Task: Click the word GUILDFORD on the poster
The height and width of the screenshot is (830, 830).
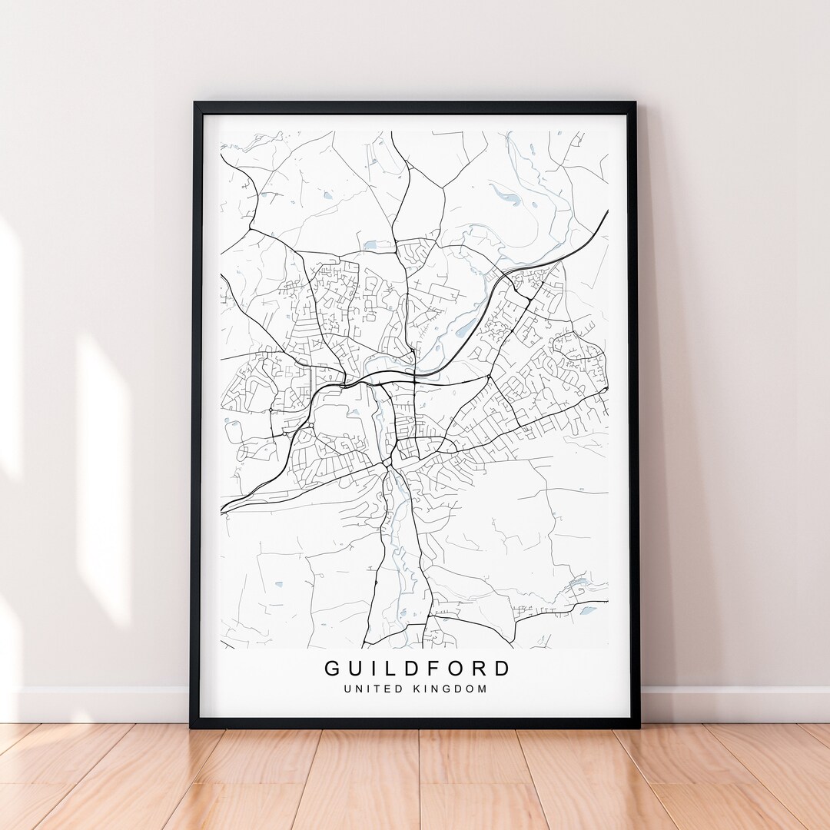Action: tap(417, 668)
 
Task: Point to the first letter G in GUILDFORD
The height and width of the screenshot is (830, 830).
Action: tap(332, 668)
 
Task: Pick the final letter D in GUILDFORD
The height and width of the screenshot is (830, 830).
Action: tap(502, 668)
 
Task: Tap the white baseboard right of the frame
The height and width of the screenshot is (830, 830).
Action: tap(730, 703)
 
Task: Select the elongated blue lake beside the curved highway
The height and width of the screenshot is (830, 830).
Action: tap(466, 328)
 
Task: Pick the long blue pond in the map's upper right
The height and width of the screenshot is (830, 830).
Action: tap(505, 195)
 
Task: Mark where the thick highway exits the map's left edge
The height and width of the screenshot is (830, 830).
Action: tap(222, 510)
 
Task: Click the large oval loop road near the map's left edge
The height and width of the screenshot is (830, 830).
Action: tap(233, 430)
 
